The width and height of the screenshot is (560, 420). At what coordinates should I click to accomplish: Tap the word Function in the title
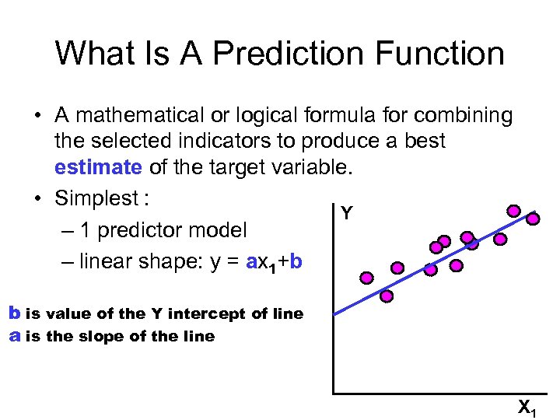(x=444, y=54)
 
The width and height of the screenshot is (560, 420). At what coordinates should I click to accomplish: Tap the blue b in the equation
(x=296, y=262)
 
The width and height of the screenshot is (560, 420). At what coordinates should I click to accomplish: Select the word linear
(x=106, y=262)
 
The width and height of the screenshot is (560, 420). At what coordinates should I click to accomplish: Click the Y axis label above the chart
(x=347, y=213)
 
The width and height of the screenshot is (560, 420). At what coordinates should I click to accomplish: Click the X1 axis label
(x=527, y=407)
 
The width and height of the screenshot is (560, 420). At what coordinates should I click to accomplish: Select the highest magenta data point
(x=514, y=210)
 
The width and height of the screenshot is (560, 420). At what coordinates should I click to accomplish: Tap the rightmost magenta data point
(x=533, y=219)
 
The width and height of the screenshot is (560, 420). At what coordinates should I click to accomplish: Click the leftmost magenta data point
(x=366, y=278)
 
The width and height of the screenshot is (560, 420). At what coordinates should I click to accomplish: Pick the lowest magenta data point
(x=386, y=296)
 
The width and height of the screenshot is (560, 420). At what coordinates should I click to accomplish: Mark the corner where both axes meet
(x=333, y=394)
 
